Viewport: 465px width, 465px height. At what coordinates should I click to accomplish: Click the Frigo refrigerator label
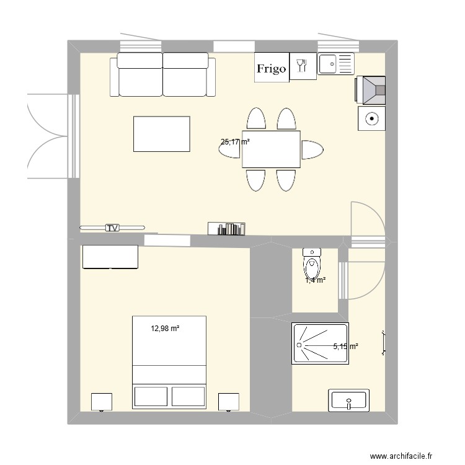pos(272,68)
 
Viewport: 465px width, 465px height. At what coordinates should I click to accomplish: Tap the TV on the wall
pos(112,228)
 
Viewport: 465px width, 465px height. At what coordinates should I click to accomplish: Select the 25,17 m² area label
pos(235,142)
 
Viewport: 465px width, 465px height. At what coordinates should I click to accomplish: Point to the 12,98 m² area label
pos(165,329)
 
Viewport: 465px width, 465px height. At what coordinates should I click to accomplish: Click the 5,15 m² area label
pos(345,347)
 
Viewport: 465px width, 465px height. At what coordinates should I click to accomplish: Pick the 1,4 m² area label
pos(315,280)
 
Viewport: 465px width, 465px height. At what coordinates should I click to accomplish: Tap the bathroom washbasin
pos(350,401)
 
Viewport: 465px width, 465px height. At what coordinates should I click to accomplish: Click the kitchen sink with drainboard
pos(336,64)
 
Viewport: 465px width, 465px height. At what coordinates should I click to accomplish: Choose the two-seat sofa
pos(163,74)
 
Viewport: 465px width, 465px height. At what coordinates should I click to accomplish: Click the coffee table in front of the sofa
pos(161,133)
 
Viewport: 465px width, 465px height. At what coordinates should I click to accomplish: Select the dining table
pos(271,149)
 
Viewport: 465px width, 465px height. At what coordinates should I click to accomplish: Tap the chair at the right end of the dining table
pos(312,149)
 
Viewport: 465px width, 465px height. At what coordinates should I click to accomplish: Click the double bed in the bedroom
pos(169,362)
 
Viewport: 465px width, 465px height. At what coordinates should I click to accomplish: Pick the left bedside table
pos(101,401)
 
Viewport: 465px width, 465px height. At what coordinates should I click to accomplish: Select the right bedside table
pos(229,401)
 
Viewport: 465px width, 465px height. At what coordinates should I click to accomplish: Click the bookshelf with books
pos(226,229)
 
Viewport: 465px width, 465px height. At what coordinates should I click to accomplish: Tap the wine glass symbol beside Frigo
pos(302,66)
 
